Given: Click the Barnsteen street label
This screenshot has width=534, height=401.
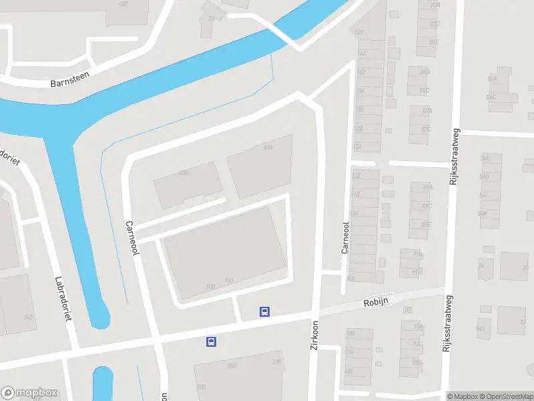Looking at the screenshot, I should coord(69,84).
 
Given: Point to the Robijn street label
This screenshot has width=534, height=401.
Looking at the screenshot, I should coord(376,302).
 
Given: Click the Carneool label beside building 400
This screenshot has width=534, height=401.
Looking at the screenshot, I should coord(131,238).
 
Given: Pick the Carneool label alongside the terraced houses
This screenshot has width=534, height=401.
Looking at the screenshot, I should coord(345,238).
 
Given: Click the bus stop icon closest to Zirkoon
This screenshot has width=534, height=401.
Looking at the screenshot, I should coord(265,311).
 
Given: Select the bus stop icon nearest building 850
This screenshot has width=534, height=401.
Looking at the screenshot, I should coord(211,342).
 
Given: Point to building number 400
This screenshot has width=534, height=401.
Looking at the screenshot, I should coord(183,173).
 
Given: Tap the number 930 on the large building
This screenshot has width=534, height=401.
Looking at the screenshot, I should coord(211,287).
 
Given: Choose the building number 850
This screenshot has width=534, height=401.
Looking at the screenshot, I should coord(232,366).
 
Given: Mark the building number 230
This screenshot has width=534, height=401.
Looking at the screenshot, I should coord(276,362).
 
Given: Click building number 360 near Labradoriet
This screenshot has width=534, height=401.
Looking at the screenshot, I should coord(28,317).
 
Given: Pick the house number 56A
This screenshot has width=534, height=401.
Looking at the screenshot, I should coord(479,329).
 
